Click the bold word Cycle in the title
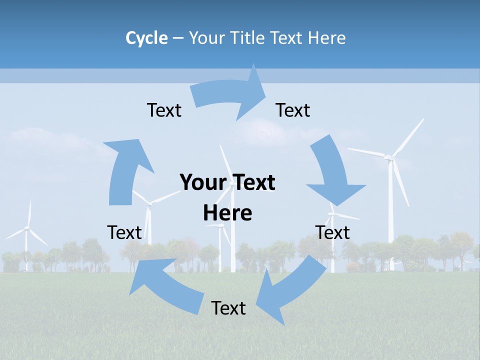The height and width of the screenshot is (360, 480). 146,38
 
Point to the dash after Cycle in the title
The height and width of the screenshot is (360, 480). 178,38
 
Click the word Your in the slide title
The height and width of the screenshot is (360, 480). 206,38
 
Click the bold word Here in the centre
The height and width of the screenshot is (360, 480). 227,213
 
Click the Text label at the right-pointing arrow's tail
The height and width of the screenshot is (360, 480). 164,110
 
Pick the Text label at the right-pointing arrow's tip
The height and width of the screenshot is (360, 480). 293,110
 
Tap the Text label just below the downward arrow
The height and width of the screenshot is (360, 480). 332,232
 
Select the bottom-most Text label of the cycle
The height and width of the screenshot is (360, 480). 228,308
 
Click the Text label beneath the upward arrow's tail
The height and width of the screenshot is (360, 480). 124,232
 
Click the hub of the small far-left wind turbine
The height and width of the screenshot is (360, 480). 27,228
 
